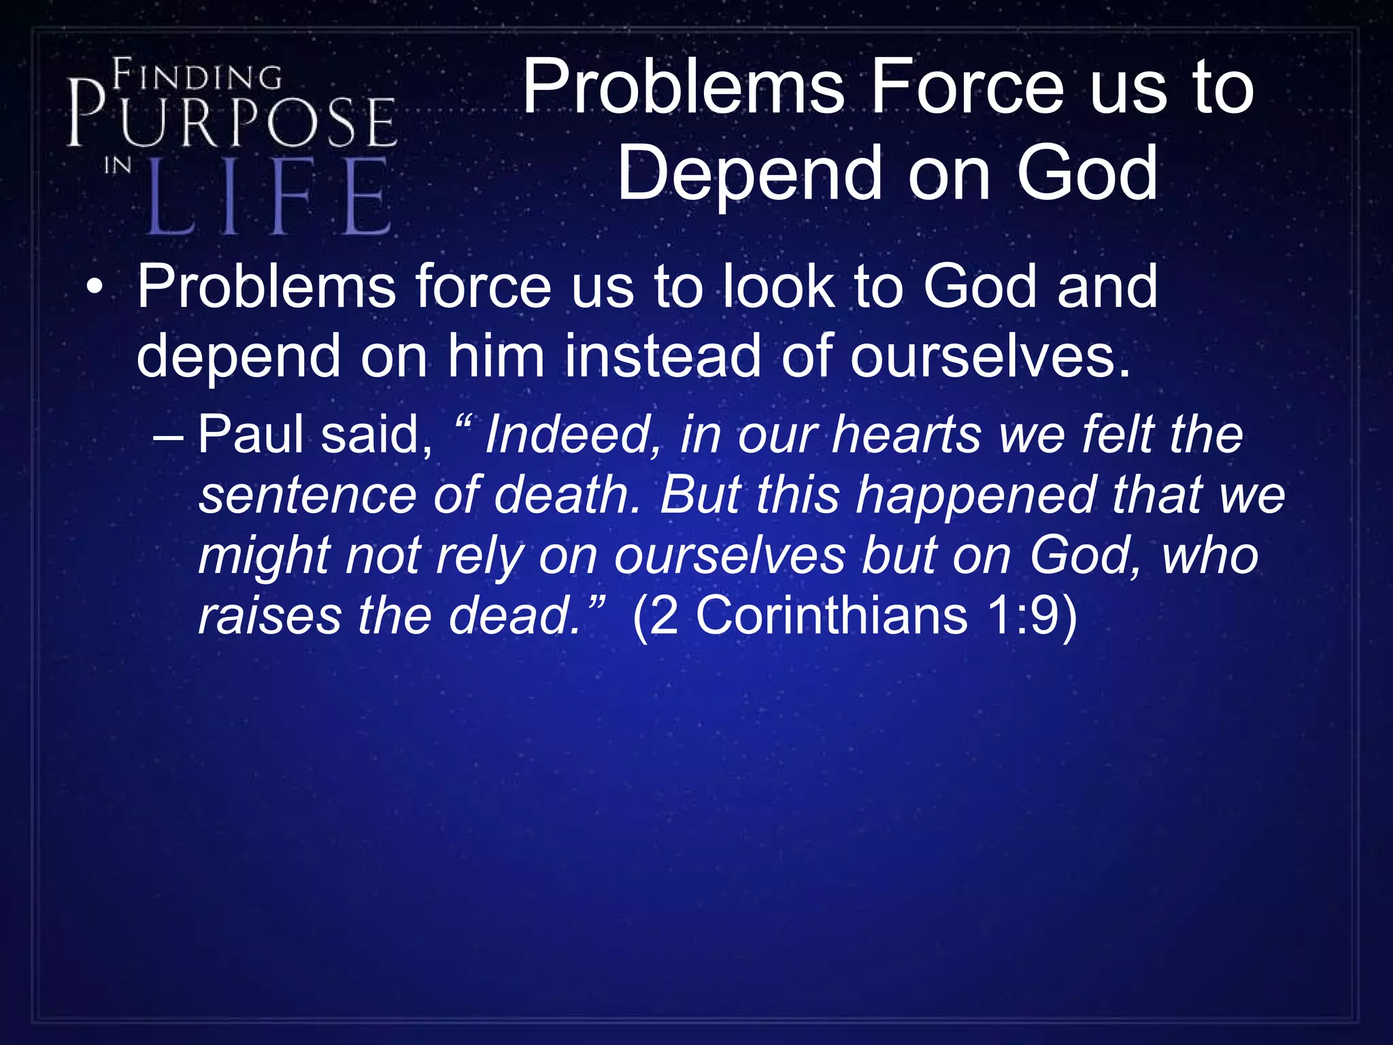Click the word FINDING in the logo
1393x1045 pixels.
[197, 76]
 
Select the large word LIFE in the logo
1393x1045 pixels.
[269, 197]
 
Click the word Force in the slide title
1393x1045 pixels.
[967, 87]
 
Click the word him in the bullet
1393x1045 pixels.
[496, 356]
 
